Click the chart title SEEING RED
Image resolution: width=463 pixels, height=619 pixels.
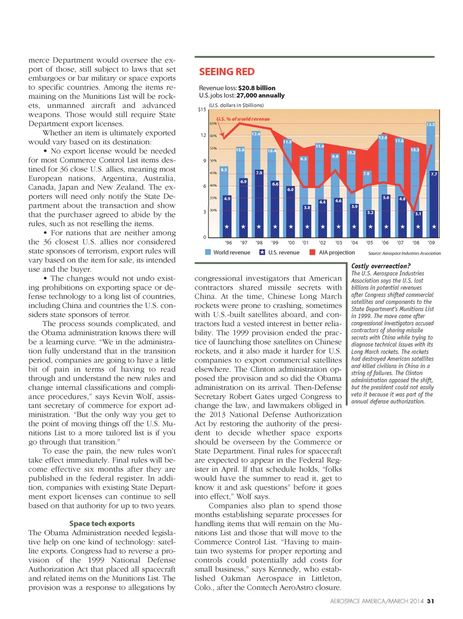(227, 72)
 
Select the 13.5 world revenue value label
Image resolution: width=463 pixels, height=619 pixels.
(430, 124)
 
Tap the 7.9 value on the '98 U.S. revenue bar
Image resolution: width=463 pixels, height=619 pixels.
(259, 173)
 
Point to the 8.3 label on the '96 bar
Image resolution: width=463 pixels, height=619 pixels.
(224, 170)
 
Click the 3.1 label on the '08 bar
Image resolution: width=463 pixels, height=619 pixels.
(418, 214)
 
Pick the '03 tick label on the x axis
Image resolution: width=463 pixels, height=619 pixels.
(339, 243)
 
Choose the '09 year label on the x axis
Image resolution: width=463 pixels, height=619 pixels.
(431, 243)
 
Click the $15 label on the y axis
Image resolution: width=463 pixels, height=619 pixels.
(202, 110)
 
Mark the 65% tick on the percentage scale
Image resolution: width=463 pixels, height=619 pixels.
(213, 123)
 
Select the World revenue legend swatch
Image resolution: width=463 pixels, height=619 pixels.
(208, 252)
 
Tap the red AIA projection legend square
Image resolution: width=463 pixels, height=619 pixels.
(313, 252)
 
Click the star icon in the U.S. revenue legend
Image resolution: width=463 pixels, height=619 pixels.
(262, 252)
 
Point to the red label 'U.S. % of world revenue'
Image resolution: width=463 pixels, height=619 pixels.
(243, 119)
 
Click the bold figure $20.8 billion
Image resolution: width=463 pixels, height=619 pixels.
(257, 88)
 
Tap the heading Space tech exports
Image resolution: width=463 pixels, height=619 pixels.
(102, 524)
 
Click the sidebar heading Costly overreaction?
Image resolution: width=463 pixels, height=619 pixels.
(381, 266)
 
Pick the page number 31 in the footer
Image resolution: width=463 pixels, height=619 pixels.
(430, 601)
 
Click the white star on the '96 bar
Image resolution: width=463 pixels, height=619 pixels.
(227, 227)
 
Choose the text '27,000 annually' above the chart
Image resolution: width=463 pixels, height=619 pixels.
(260, 95)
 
